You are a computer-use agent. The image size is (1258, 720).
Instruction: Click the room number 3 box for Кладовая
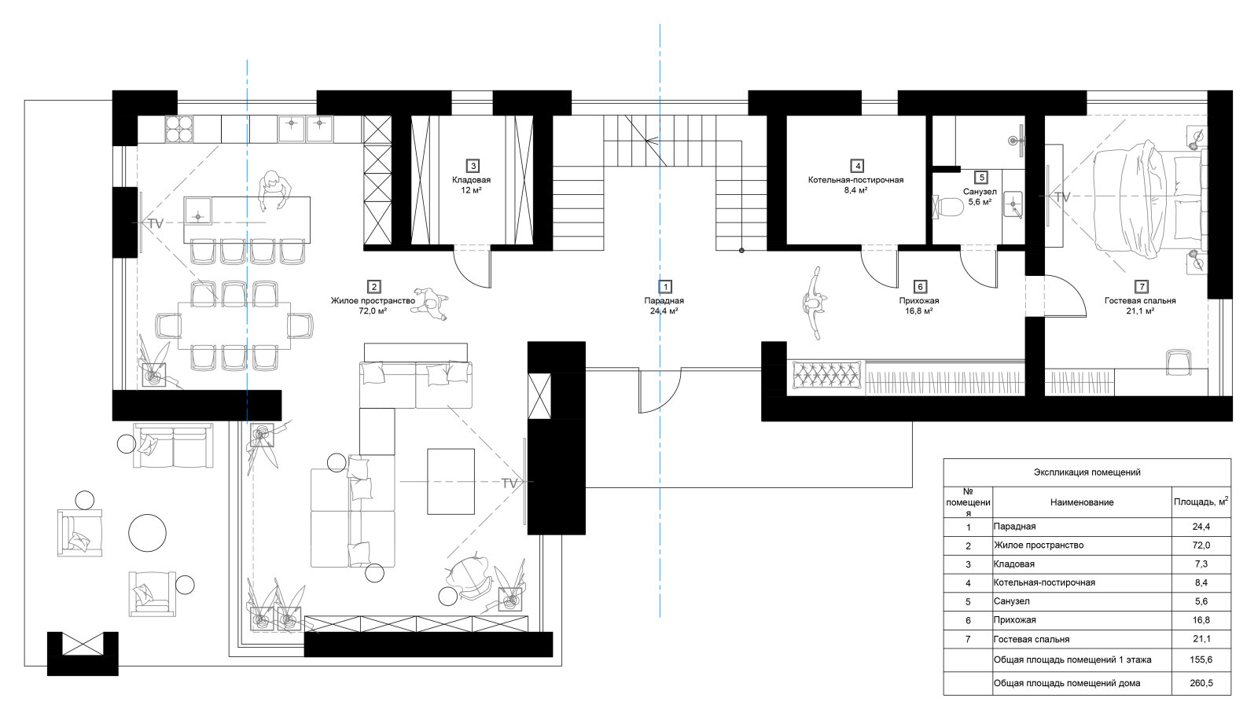tap(473, 166)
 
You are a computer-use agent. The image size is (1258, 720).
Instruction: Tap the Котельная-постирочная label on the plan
tap(855, 180)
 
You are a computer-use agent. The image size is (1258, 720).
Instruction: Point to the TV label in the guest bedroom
tap(1062, 197)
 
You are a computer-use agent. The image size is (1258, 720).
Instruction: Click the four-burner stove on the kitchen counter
tap(179, 129)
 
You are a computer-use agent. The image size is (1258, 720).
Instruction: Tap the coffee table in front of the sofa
tap(451, 481)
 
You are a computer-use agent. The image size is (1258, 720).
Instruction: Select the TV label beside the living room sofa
tap(509, 483)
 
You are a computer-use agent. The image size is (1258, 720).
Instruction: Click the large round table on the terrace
tap(147, 532)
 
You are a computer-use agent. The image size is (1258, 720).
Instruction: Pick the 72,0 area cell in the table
tap(1201, 546)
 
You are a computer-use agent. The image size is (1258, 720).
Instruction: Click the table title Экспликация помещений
tap(1087, 472)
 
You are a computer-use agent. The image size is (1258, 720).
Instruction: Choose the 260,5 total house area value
tap(1201, 684)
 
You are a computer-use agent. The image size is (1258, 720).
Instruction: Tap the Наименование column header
tap(1082, 502)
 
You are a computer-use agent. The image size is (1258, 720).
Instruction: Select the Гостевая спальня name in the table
tap(1031, 639)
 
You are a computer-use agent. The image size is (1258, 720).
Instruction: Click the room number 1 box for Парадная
tap(665, 287)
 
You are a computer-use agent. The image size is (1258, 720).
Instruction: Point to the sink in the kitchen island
tap(197, 211)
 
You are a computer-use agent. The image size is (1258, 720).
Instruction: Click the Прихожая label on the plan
tap(919, 301)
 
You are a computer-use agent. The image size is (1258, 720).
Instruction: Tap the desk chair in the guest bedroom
tap(1179, 362)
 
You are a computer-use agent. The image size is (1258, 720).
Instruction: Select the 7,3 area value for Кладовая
tap(1201, 564)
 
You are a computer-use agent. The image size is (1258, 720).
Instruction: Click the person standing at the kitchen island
tap(274, 190)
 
